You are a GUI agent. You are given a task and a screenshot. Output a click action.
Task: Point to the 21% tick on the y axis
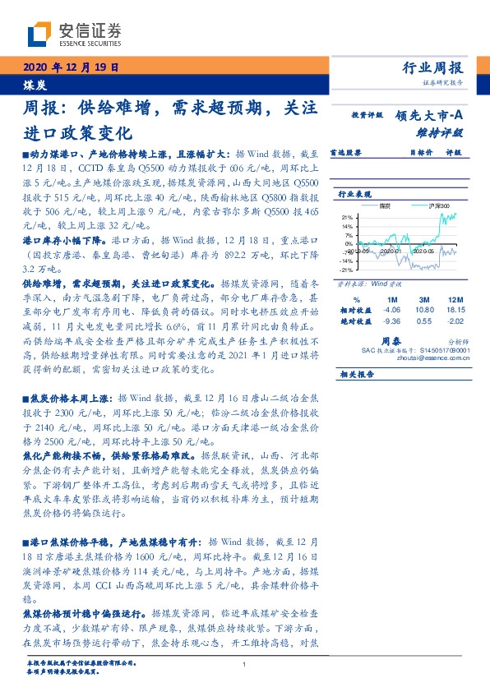(x=347, y=217)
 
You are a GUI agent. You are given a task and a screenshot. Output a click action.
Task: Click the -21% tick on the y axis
(x=346, y=269)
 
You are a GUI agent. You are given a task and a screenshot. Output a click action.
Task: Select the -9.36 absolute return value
(x=391, y=321)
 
